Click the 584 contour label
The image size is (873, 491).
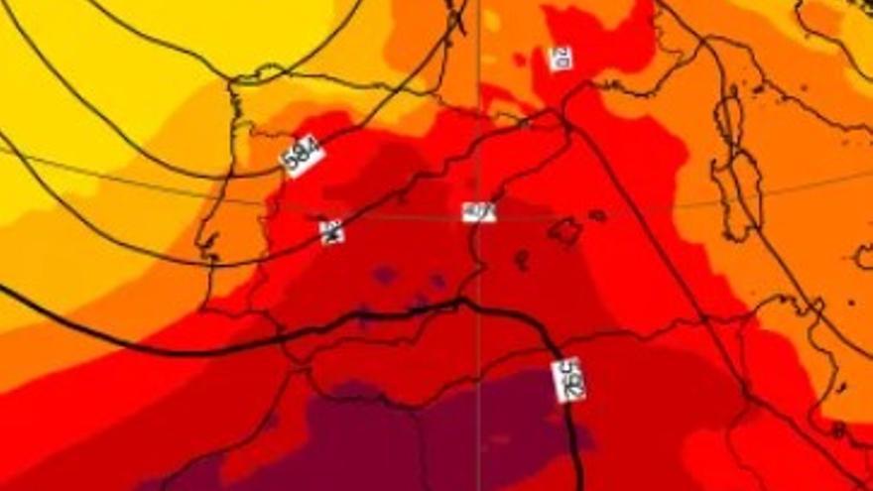[x=303, y=156]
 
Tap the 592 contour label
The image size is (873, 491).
[x=567, y=380]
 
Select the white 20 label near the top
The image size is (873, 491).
[x=561, y=58]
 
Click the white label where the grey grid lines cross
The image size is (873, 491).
[x=478, y=211]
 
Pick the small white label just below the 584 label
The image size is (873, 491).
[x=332, y=231]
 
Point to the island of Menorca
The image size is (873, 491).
[x=597, y=215]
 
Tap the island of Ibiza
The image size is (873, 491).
[x=521, y=260]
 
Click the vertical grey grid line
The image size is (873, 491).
[x=479, y=119]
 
